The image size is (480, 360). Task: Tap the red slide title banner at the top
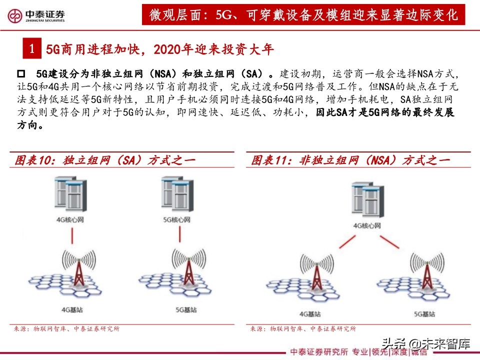pyautogui.click(x=304, y=15)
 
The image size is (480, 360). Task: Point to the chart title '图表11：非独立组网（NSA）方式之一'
pyautogui.click(x=350, y=160)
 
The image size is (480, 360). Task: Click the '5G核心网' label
pyautogui.click(x=177, y=220)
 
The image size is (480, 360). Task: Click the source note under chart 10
pyautogui.click(x=66, y=328)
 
